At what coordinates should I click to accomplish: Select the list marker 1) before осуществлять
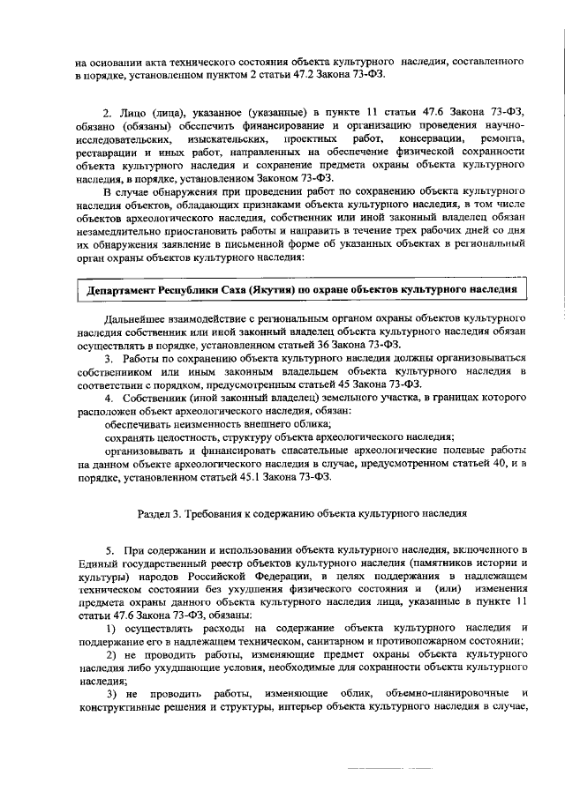pos(112,628)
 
